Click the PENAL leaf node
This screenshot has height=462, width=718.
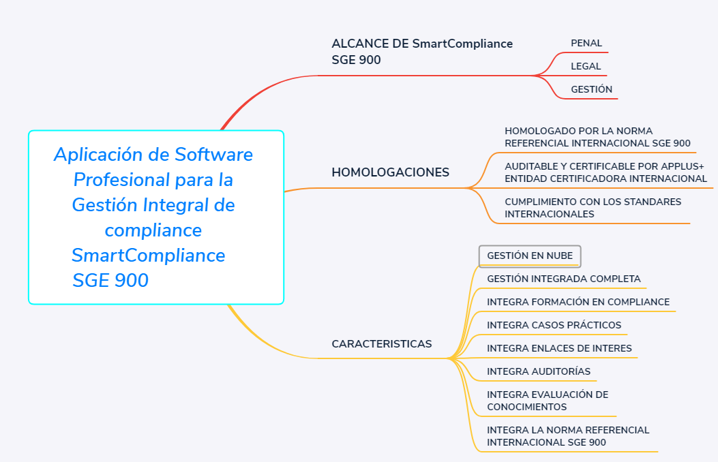click(586, 43)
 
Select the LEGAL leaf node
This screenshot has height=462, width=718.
click(586, 66)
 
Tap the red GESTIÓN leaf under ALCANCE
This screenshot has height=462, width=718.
click(591, 89)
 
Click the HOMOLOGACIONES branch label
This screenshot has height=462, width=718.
click(390, 172)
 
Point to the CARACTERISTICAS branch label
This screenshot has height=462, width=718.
click(381, 344)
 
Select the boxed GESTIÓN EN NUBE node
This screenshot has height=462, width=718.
click(530, 256)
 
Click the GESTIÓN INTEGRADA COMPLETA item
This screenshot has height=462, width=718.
click(564, 279)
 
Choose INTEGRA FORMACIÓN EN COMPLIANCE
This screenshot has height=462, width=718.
click(578, 302)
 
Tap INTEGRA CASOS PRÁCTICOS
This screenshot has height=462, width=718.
click(554, 325)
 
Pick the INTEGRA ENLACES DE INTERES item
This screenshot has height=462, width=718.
click(559, 349)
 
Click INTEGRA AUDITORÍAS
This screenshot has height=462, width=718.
click(539, 371)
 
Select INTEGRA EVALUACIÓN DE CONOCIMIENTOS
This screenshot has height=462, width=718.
click(548, 401)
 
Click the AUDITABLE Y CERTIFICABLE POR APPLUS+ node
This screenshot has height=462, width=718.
click(605, 172)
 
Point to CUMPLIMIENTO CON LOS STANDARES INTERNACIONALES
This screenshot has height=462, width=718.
click(593, 208)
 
